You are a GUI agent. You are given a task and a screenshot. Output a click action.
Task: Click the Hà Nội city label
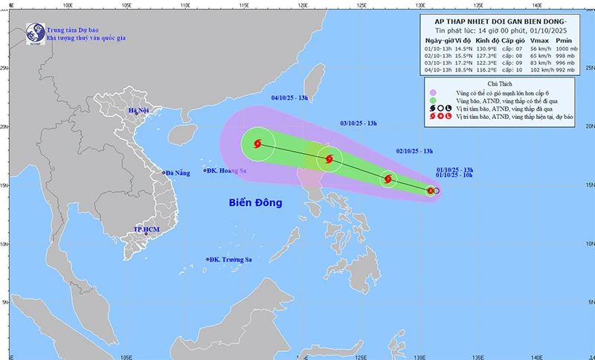click(139, 111)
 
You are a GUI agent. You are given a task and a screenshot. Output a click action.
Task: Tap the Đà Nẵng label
click(178, 173)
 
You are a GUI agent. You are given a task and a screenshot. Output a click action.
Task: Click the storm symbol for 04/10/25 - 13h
click(257, 144)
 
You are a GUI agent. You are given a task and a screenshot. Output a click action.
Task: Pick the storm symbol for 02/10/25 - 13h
click(388, 179)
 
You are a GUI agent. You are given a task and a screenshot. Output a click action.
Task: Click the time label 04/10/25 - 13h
click(292, 97)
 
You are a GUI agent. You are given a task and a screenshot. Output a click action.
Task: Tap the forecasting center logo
click(33, 32)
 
